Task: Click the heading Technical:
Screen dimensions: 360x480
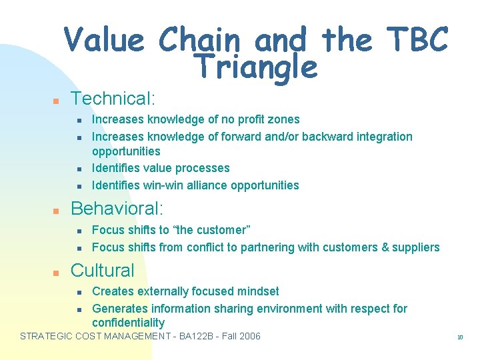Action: [113, 99]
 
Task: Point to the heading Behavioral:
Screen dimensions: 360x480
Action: [117, 209]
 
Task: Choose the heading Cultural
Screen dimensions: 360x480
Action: [102, 270]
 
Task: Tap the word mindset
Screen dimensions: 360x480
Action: [258, 291]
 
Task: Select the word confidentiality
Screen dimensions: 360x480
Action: [128, 323]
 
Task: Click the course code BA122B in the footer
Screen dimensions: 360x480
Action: [197, 336]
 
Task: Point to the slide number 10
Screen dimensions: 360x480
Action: [460, 337]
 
